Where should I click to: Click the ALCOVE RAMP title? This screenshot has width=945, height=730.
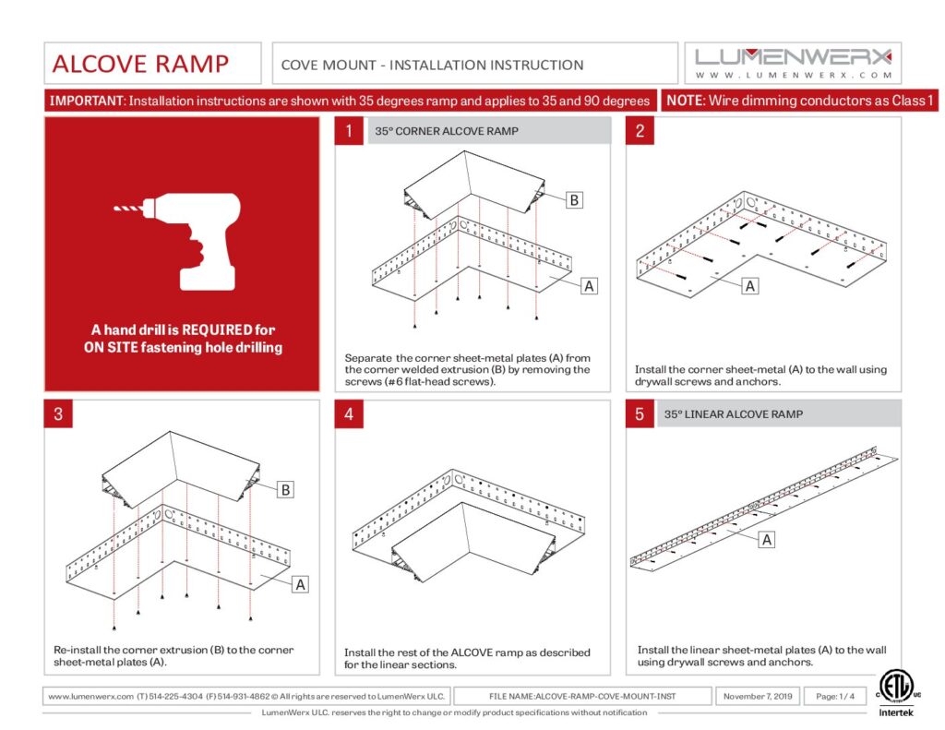pyautogui.click(x=140, y=64)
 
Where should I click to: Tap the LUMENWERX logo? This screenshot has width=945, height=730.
pyautogui.click(x=793, y=62)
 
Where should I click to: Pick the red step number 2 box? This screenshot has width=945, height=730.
pyautogui.click(x=640, y=131)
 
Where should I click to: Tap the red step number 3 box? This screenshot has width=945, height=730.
pyautogui.click(x=58, y=414)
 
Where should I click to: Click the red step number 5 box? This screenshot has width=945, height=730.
pyautogui.click(x=640, y=414)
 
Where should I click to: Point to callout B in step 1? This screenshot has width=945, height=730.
pyautogui.click(x=574, y=199)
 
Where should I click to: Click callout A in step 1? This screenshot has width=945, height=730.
pyautogui.click(x=588, y=286)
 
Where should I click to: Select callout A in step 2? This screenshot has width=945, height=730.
pyautogui.click(x=750, y=286)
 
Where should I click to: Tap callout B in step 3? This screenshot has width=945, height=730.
pyautogui.click(x=286, y=490)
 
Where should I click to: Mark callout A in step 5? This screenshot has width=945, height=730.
pyautogui.click(x=767, y=540)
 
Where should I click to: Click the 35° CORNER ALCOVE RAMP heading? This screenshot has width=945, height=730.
pyautogui.click(x=447, y=131)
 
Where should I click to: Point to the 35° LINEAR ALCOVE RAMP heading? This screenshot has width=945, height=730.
pyautogui.click(x=734, y=414)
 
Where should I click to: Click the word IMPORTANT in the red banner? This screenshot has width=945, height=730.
pyautogui.click(x=86, y=101)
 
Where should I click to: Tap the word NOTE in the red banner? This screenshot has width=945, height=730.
pyautogui.click(x=685, y=101)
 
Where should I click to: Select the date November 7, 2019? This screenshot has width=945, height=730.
pyautogui.click(x=758, y=696)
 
